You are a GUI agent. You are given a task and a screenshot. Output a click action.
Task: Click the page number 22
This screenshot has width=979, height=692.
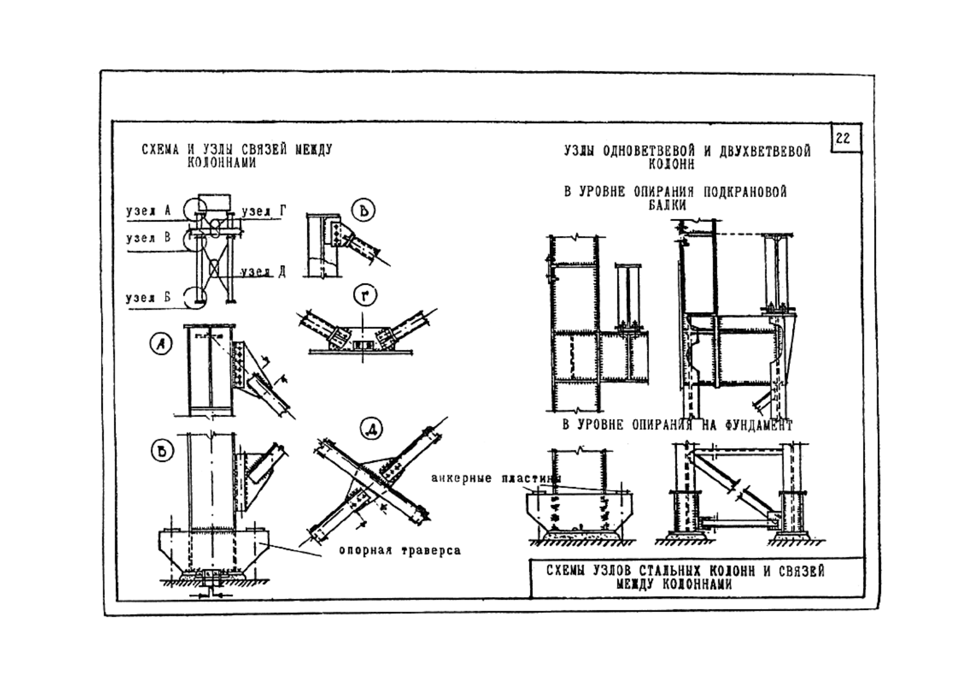[x=843, y=138]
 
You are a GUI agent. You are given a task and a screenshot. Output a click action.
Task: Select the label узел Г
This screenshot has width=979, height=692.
[x=264, y=211]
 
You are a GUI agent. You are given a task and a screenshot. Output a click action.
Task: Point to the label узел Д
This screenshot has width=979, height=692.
[x=264, y=272]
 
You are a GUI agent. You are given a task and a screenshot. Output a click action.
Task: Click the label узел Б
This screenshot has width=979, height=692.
[x=148, y=297]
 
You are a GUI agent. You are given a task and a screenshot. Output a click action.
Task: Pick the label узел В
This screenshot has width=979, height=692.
[x=148, y=238]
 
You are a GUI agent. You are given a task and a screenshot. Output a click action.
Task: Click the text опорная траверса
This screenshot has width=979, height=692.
[x=400, y=551]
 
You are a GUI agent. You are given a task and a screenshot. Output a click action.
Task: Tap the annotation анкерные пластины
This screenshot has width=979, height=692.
[x=495, y=479]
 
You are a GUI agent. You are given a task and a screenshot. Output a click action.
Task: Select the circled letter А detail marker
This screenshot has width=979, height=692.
[x=162, y=344]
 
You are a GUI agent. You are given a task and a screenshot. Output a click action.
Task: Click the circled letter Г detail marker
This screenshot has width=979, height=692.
[x=366, y=296]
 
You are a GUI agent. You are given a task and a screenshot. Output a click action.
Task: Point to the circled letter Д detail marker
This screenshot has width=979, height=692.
[x=372, y=430]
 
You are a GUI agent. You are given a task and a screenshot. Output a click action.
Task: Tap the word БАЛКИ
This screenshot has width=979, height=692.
[x=667, y=205]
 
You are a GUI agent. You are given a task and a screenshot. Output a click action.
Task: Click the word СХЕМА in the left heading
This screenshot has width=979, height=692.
[x=161, y=150]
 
